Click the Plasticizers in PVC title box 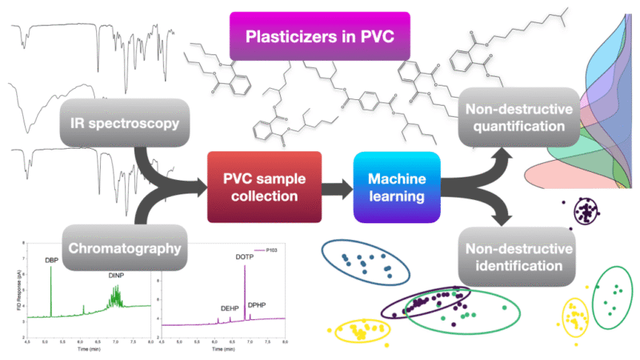[319, 38]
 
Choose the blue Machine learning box [396, 186]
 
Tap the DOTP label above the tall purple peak [245, 258]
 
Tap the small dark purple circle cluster [589, 212]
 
